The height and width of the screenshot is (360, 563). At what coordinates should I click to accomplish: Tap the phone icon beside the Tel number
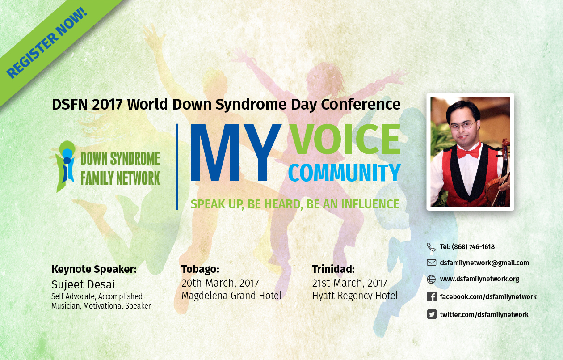coord(431,247)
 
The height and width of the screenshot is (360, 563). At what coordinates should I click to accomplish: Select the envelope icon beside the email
coord(431,263)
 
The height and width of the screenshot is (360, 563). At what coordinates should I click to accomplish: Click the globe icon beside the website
coord(431,279)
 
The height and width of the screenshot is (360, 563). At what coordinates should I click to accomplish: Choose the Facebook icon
coord(432,296)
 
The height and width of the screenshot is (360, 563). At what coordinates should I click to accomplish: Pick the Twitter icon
coord(432,314)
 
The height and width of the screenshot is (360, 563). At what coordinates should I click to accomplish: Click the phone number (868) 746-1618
coord(473,247)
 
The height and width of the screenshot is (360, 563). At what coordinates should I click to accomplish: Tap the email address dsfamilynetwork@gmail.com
coord(484,263)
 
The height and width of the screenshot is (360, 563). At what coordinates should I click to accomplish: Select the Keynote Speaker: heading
coord(94,269)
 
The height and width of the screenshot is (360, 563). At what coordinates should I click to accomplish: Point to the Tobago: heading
coord(200,269)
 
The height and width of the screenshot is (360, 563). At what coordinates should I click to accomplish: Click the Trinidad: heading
coord(333,269)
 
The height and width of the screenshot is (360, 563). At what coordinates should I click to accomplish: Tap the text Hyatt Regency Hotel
coord(355,296)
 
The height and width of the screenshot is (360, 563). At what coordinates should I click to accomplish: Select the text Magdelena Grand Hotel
coord(231,296)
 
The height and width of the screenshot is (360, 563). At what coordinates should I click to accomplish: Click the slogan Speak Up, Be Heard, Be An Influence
coord(295,204)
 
